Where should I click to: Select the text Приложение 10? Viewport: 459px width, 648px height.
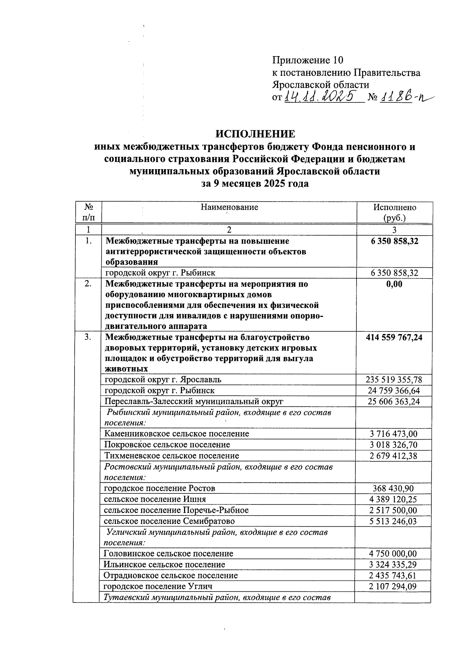pyautogui.click(x=308, y=60)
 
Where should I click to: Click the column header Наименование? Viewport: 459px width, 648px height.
pyautogui.click(x=229, y=207)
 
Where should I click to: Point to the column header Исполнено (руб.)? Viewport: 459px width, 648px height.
pyautogui.click(x=395, y=213)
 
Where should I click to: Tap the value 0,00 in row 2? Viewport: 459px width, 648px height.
pyautogui.click(x=394, y=284)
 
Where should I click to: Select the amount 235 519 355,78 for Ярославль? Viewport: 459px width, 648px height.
pyautogui.click(x=394, y=380)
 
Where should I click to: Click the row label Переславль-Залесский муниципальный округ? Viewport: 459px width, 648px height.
pyautogui.click(x=194, y=401)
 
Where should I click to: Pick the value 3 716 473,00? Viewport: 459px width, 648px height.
pyautogui.click(x=394, y=434)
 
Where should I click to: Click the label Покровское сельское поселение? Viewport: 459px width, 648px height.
pyautogui.click(x=167, y=445)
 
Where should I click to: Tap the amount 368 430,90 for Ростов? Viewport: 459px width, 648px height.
pyautogui.click(x=394, y=488)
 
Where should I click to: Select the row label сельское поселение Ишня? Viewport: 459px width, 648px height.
pyautogui.click(x=155, y=499)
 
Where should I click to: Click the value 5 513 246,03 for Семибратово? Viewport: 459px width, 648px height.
pyautogui.click(x=394, y=521)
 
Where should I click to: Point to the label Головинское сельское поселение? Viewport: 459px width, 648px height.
pyautogui.click(x=169, y=554)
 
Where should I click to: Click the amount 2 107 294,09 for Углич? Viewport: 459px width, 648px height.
pyautogui.click(x=394, y=586)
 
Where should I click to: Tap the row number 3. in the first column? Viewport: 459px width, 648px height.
pyautogui.click(x=88, y=338)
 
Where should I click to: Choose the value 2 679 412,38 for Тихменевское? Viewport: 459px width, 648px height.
pyautogui.click(x=394, y=456)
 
